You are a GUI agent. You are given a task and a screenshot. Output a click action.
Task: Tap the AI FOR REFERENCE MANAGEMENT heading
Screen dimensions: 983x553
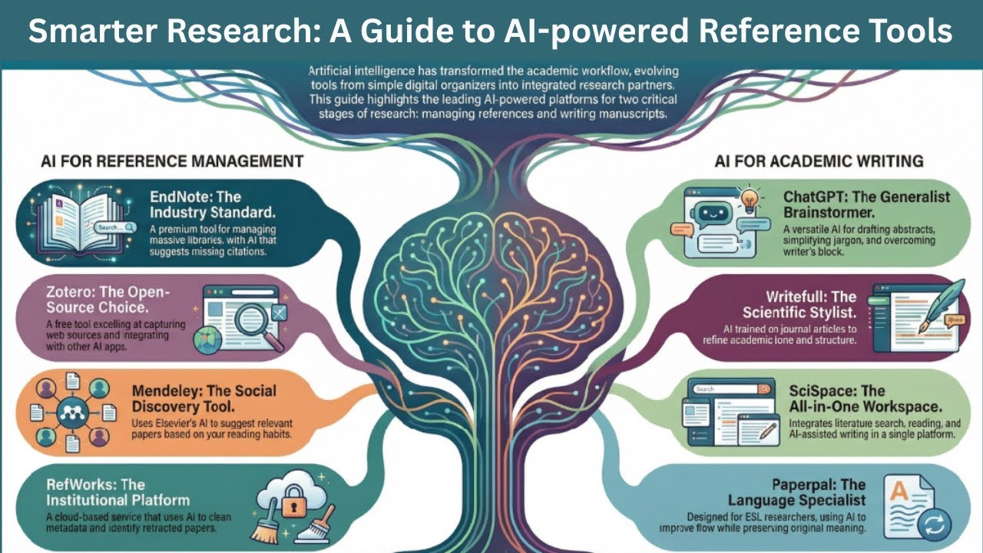[x=172, y=161]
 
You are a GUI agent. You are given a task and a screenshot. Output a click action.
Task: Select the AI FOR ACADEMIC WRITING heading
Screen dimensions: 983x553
[x=819, y=161]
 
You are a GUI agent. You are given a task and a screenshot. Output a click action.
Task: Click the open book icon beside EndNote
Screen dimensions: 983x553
[x=79, y=223]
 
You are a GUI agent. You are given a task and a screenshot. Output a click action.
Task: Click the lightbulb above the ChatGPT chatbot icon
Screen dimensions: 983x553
[x=750, y=201]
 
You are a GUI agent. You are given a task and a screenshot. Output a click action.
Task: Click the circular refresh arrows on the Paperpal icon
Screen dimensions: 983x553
[x=933, y=525]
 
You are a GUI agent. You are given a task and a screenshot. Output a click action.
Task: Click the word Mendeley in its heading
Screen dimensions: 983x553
[x=167, y=391]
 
